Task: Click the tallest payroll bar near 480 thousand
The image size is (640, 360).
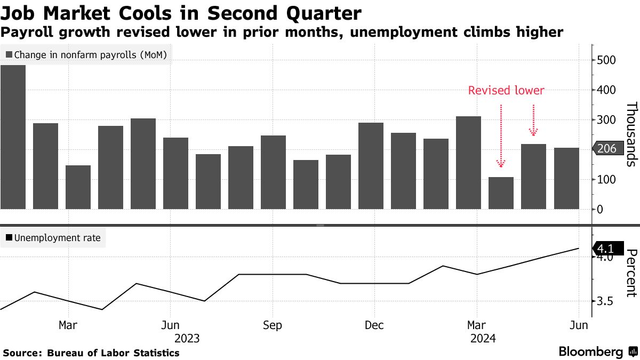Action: point(13,137)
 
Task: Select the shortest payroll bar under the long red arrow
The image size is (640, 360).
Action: point(501,193)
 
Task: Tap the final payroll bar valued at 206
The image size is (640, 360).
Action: point(566,178)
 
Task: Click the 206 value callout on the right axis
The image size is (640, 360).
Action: point(607,149)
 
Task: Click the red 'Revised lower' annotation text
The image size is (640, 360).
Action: point(506,91)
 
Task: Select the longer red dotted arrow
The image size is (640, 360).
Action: point(501,136)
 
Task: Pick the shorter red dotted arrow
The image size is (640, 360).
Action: point(534,120)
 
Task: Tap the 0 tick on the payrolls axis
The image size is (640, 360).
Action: point(599,209)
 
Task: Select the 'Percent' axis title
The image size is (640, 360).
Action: point(631,273)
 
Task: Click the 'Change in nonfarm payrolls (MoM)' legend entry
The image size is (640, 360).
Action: point(89,54)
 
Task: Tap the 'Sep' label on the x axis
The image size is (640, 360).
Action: point(272,325)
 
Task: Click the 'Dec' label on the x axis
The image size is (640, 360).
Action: point(374,325)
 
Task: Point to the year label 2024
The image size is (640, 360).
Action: point(483,339)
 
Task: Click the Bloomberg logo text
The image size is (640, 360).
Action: point(590,352)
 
